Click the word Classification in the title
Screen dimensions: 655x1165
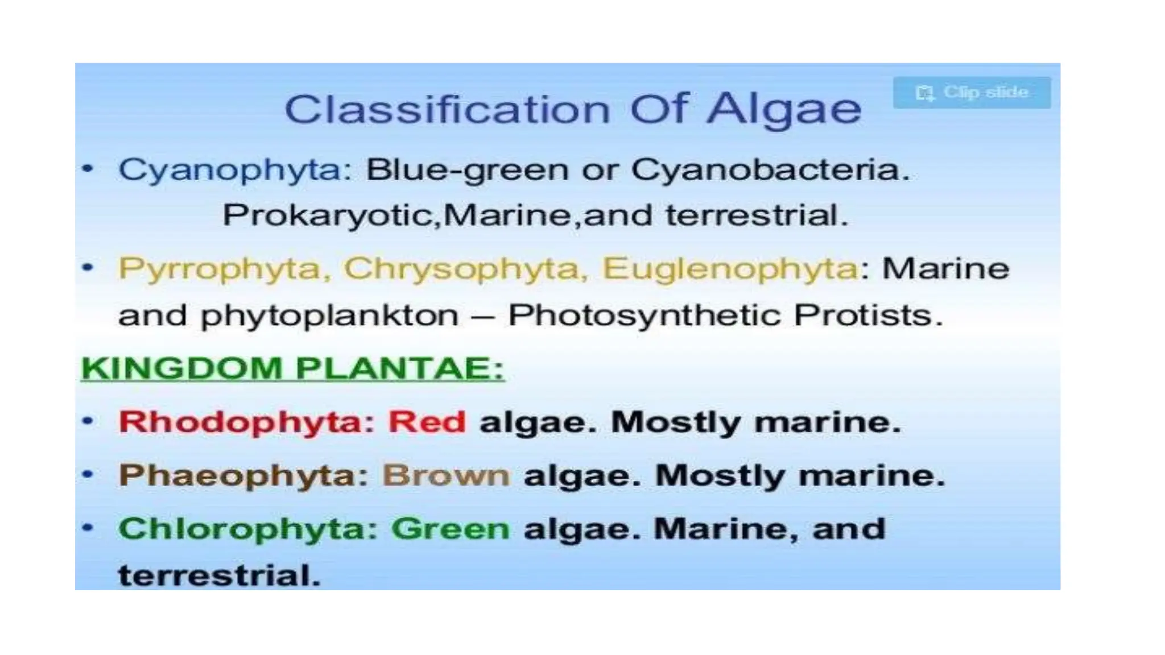(447, 109)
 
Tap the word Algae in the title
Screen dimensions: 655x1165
(784, 109)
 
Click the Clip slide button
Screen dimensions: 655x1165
(972, 93)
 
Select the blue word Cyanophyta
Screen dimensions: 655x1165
(234, 170)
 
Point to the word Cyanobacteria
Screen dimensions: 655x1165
(770, 170)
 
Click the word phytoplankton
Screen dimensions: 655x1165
(329, 316)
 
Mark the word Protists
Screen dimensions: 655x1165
(867, 315)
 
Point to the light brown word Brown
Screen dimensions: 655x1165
(446, 475)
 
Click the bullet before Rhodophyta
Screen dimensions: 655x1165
(88, 421)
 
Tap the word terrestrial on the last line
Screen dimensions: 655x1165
(219, 575)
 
